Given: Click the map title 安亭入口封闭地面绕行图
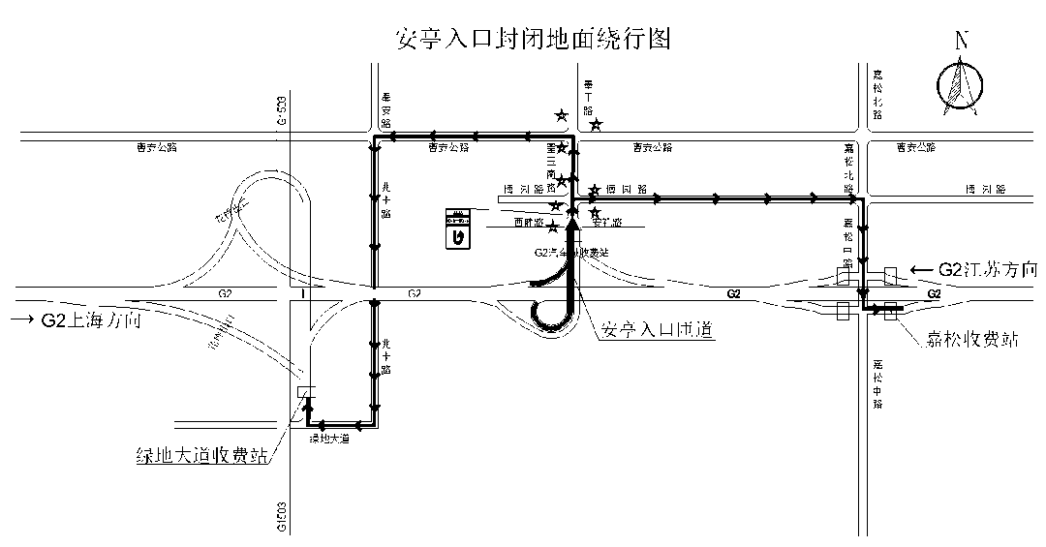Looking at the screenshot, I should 534,39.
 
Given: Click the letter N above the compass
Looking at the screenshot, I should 962,41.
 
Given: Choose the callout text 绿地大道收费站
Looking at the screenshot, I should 203,454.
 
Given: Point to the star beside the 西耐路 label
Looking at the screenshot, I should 552,228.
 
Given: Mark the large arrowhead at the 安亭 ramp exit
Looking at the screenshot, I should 572,226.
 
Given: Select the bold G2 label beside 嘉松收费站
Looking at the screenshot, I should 935,293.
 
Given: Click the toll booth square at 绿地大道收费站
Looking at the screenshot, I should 307,392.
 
